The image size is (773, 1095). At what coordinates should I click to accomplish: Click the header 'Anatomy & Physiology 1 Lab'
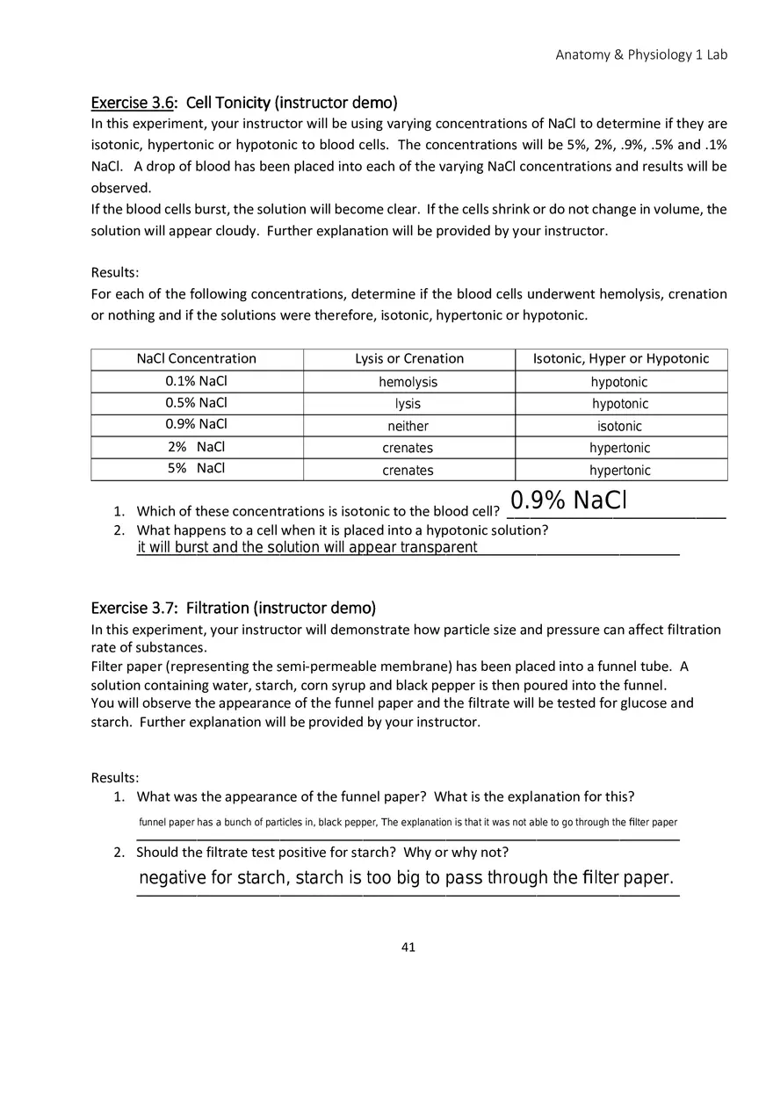[641, 54]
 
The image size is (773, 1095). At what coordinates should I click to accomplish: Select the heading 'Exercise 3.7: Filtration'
[233, 609]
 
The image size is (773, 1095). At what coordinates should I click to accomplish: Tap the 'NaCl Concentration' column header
[197, 358]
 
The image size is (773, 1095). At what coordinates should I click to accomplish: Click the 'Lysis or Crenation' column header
[409, 358]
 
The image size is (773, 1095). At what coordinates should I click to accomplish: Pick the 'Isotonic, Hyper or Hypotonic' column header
[621, 358]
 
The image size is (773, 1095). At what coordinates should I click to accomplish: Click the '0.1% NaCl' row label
[196, 381]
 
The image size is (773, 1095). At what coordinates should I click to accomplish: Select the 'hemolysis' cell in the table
[408, 382]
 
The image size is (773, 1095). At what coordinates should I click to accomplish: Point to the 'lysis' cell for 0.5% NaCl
[408, 404]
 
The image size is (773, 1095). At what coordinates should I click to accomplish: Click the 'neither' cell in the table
[408, 426]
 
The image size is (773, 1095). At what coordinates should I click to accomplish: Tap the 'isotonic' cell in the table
[619, 426]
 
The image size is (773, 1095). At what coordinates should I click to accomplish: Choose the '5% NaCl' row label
[196, 468]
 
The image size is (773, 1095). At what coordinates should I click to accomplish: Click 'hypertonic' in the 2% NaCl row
[619, 448]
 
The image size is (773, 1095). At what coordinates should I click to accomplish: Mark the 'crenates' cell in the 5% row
[408, 471]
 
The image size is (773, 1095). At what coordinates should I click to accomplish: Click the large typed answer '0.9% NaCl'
[568, 501]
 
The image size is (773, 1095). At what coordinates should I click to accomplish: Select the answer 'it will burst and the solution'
[307, 548]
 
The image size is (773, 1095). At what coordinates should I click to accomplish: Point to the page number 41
[408, 947]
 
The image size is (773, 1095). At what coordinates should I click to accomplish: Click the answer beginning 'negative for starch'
[406, 878]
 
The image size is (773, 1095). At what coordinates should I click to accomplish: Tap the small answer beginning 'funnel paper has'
[408, 823]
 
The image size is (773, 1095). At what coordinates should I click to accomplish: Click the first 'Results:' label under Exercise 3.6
[115, 273]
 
